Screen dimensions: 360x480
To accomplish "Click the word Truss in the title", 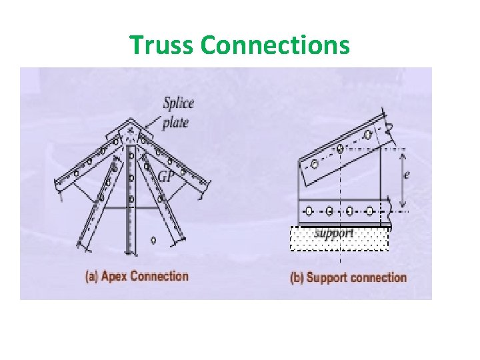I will click(162, 45).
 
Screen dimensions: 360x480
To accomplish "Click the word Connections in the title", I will click(275, 45).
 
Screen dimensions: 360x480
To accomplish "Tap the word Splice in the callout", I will click(178, 103).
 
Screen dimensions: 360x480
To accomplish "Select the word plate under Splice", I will click(176, 123).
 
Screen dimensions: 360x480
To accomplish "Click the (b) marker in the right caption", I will click(297, 277).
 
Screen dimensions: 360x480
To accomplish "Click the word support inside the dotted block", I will click(333, 234).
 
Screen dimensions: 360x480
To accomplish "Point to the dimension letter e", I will click(407, 175).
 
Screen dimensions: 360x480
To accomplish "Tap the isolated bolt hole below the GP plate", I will click(154, 240).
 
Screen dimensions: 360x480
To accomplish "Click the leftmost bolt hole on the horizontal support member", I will click(309, 211).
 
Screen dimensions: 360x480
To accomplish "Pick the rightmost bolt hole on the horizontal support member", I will click(369, 211).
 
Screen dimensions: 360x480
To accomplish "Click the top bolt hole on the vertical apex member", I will click(131, 157).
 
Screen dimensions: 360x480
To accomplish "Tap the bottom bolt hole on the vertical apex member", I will click(131, 199).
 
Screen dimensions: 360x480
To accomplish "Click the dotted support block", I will click(339, 238).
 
